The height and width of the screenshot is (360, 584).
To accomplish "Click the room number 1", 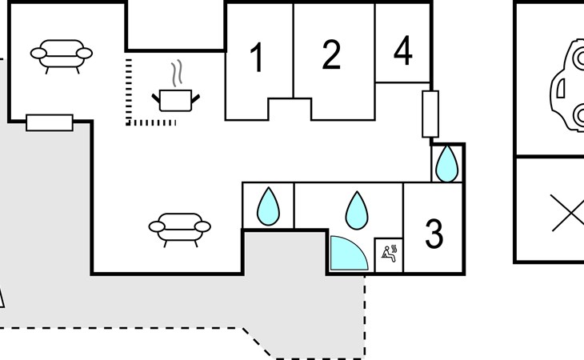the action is [257, 57].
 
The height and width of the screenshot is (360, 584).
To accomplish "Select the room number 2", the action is [331, 54].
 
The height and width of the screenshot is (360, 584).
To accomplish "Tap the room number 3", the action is [434, 234].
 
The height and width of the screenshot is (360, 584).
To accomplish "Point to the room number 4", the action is [403, 50].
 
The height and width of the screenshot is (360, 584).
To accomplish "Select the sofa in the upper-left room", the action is [62, 57].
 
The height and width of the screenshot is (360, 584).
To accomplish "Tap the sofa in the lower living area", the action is [180, 230].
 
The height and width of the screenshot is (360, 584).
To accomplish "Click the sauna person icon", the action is [390, 254].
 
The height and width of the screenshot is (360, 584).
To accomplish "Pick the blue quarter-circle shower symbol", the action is [349, 253].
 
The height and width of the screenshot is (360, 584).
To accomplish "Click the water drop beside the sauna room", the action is [357, 210].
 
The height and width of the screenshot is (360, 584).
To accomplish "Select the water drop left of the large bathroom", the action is [268, 207].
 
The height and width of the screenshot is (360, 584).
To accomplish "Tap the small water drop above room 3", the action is [447, 164].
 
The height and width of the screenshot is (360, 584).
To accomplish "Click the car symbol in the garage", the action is [567, 86].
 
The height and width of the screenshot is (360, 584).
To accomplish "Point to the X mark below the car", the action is [568, 213].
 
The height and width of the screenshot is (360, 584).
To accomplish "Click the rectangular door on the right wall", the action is [430, 114].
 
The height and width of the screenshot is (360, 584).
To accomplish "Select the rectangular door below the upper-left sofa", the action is [50, 123].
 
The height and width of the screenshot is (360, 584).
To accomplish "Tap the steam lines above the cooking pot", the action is [177, 73].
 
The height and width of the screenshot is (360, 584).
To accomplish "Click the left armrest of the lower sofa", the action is [157, 226].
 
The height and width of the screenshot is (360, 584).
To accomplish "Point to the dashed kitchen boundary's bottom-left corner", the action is [128, 122].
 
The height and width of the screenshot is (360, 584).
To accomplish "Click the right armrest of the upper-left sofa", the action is [84, 54].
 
